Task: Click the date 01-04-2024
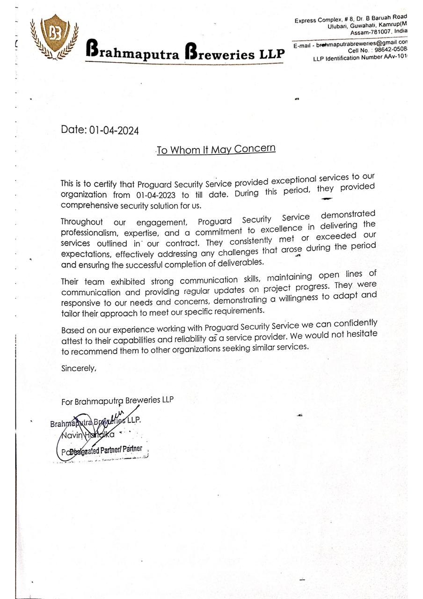click(x=114, y=130)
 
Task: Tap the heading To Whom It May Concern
click(x=216, y=149)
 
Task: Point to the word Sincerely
click(x=79, y=368)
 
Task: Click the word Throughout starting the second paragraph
click(x=82, y=222)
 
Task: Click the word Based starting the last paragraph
click(x=72, y=330)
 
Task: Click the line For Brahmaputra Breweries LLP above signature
click(x=117, y=401)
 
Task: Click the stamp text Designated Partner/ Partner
click(x=105, y=450)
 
